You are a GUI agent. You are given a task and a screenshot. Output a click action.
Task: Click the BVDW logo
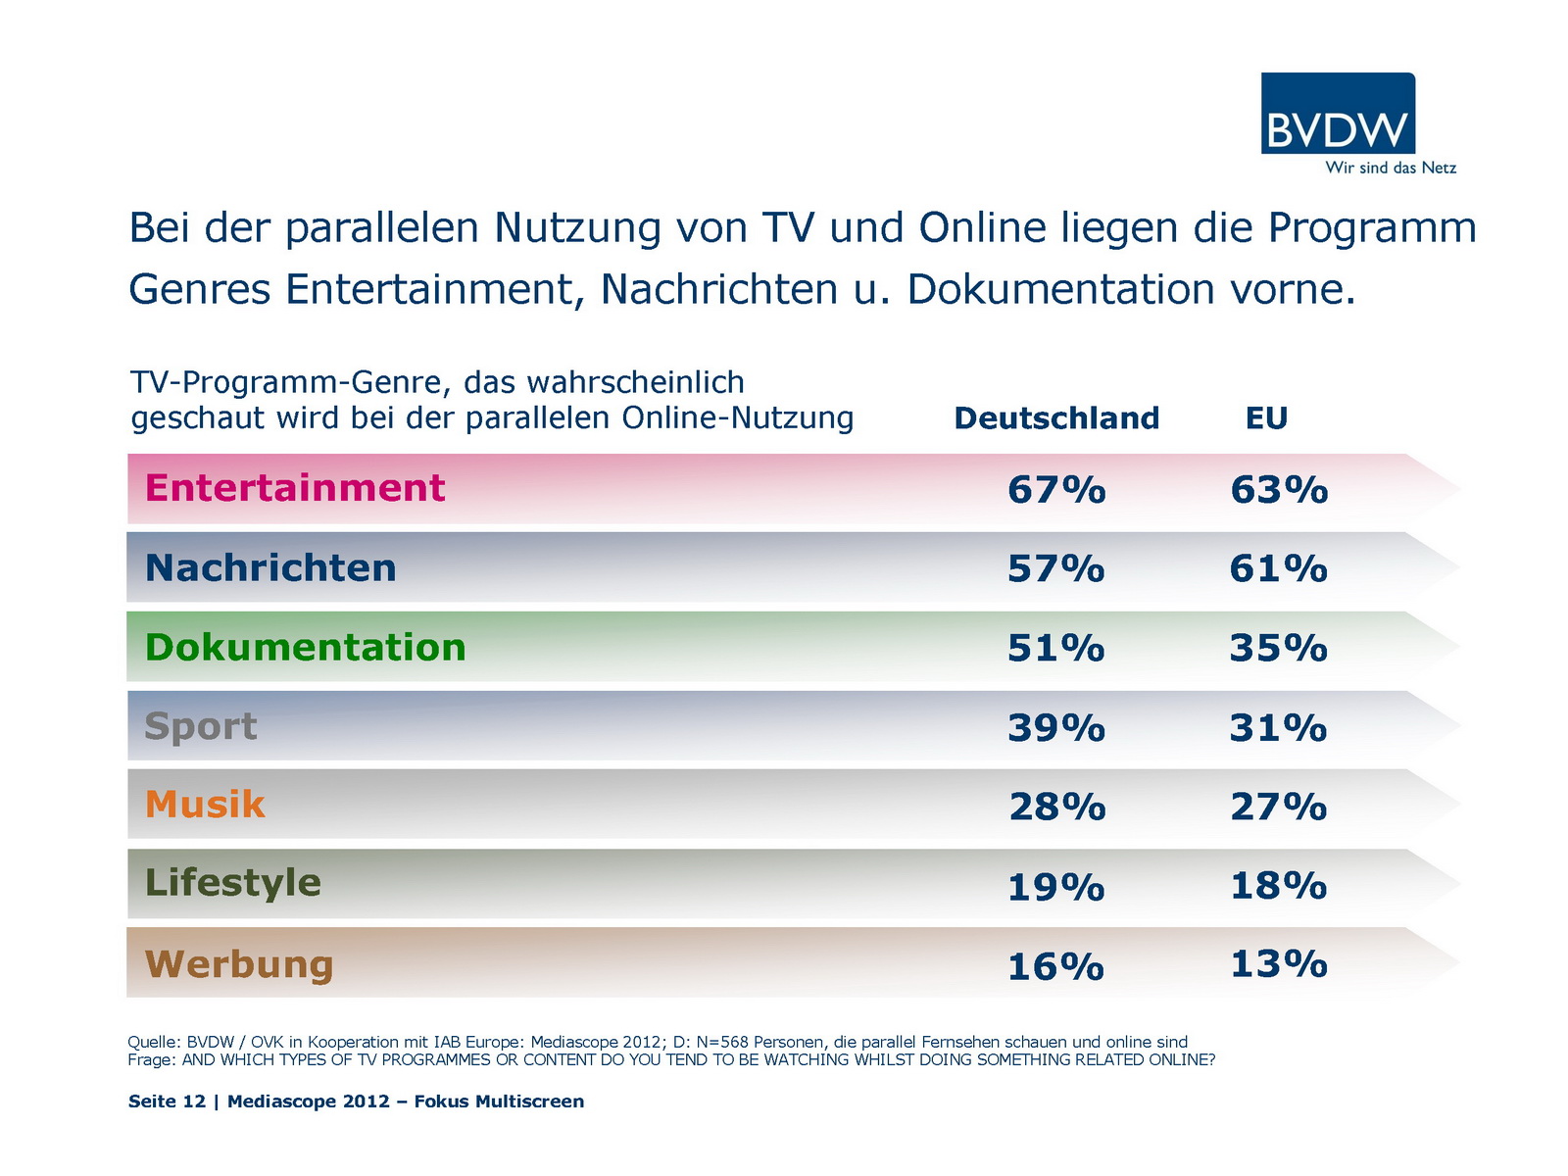pos(1338,114)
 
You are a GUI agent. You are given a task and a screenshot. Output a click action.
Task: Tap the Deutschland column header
pos(1056,418)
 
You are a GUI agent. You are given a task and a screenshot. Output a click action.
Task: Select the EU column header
pos(1266,418)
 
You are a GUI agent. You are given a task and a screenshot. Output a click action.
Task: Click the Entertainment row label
pos(295,488)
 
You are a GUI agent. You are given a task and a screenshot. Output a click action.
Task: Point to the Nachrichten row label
pos(270,568)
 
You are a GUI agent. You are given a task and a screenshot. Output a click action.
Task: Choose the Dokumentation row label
pos(305,648)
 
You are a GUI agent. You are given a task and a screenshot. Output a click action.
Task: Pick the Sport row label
pos(201,727)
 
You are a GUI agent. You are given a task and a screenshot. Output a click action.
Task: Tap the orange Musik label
pos(205,805)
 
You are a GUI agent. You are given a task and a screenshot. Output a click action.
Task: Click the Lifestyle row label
pos(233,883)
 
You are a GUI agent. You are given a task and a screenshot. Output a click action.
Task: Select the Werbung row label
pos(239,964)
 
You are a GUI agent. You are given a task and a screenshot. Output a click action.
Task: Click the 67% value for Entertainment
pos(1056,490)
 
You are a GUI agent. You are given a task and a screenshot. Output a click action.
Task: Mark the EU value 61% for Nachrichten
pos(1279,569)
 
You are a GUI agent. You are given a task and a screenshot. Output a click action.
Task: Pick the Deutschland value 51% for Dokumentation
pos(1056,649)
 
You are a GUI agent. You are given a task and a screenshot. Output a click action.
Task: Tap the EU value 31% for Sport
pos(1279,728)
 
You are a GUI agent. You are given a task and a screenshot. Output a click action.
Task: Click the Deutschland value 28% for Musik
pos(1057,808)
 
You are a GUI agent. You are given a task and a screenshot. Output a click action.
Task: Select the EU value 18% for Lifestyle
pos(1279,886)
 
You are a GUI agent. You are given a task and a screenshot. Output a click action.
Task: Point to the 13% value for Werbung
pos(1279,964)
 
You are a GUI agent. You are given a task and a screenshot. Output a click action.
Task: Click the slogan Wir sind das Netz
pos(1391,168)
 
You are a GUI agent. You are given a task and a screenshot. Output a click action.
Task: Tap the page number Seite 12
pos(167,1102)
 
